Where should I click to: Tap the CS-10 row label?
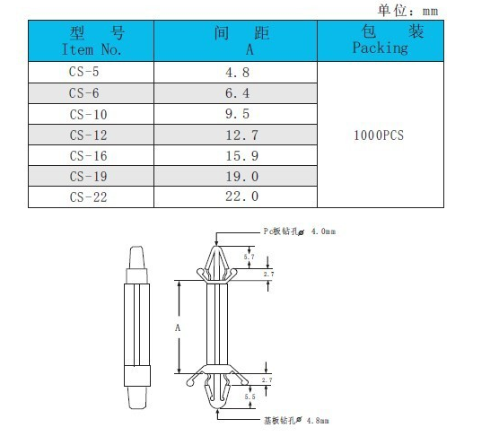(88, 115)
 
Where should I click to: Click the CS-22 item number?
(88, 197)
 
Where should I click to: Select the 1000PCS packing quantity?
(379, 135)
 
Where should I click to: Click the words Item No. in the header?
(92, 49)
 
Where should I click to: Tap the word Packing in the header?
(381, 48)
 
